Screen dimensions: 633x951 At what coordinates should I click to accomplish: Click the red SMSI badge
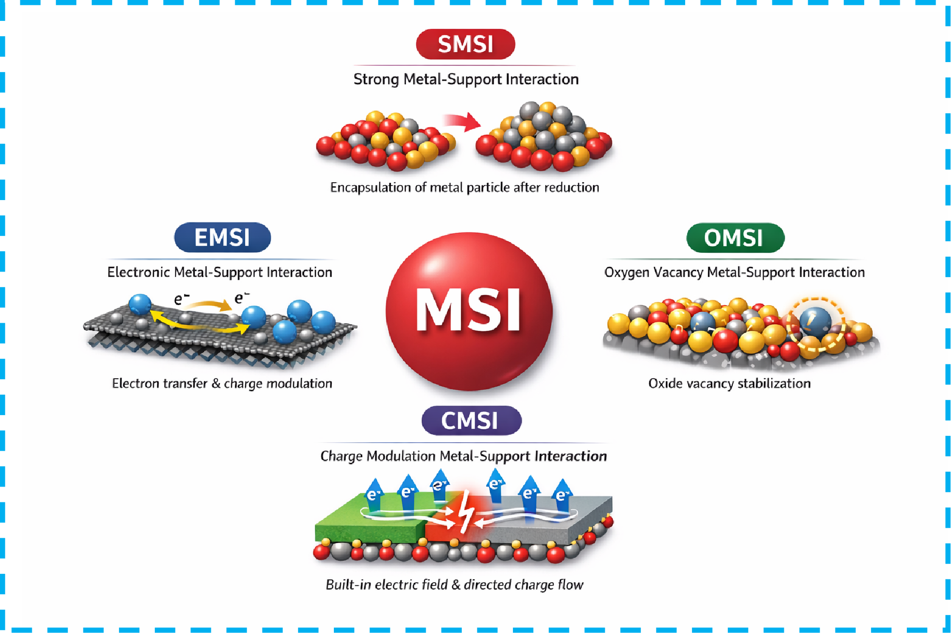465,44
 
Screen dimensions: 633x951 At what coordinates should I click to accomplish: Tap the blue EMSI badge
222,237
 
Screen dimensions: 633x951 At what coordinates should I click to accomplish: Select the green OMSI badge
735,238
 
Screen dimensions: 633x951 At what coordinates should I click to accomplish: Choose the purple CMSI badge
471,421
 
